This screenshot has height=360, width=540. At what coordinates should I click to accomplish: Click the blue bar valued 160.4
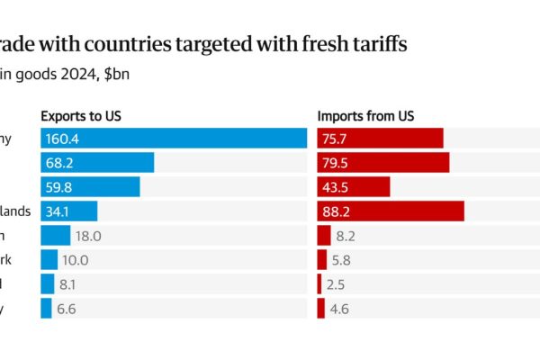coord(175,138)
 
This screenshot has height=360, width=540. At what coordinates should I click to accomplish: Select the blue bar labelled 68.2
coord(97,162)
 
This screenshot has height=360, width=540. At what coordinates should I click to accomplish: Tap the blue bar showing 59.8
coord(90,186)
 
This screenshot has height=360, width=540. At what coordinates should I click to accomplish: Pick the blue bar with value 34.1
coord(68,211)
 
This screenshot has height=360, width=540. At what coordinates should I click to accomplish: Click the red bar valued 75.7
coord(381,138)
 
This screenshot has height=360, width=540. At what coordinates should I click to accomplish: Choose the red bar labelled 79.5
coord(383,162)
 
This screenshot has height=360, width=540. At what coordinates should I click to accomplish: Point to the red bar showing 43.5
coord(354,186)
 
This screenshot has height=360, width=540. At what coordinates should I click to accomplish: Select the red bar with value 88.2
coord(391,211)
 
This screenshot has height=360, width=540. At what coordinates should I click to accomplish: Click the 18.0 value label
coord(87,236)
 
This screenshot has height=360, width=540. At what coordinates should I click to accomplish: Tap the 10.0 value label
coord(76,260)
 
